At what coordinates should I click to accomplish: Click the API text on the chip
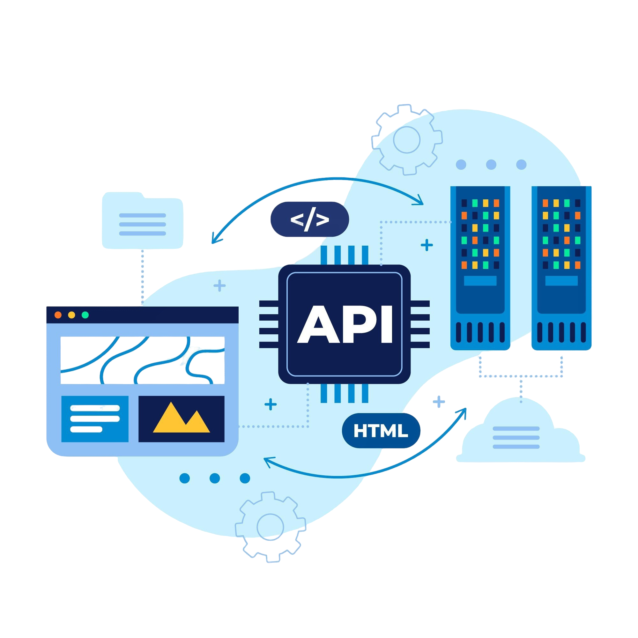[345, 324]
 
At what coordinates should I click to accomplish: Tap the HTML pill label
[381, 431]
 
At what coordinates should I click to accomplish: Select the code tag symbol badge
[309, 219]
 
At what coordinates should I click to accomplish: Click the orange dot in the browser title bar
[58, 315]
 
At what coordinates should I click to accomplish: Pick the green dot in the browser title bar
[85, 315]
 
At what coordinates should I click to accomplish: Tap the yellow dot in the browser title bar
[71, 315]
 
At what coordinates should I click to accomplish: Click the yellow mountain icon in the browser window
[181, 417]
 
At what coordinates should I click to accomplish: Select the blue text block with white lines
[95, 419]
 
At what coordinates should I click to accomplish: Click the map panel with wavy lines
[142, 360]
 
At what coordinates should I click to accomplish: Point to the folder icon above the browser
[142, 220]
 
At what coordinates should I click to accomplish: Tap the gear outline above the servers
[407, 140]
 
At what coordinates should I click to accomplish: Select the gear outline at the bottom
[270, 527]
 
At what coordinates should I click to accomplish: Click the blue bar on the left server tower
[480, 281]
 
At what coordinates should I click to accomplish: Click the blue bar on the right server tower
[561, 281]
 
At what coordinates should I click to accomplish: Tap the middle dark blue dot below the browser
[215, 478]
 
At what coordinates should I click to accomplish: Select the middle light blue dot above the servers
[491, 165]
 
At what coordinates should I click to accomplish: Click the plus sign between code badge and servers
[427, 245]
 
